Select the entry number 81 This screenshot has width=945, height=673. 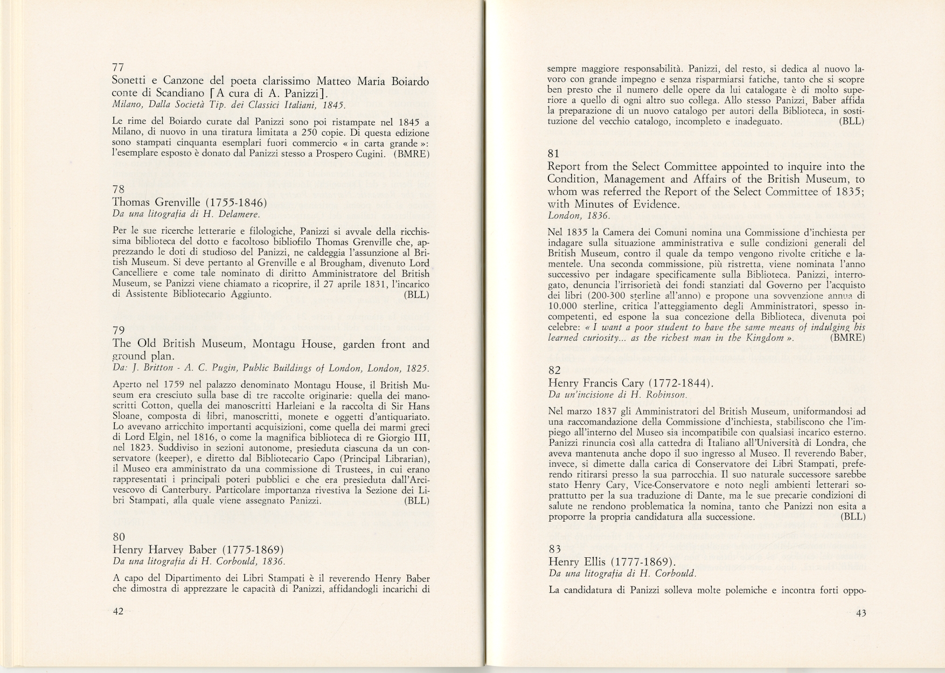pos(553,153)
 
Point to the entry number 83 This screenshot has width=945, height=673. pos(554,549)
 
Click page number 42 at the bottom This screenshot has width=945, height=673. pos(118,611)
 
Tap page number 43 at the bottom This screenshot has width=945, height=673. pos(860,613)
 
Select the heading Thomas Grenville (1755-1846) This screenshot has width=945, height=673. pos(189,203)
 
